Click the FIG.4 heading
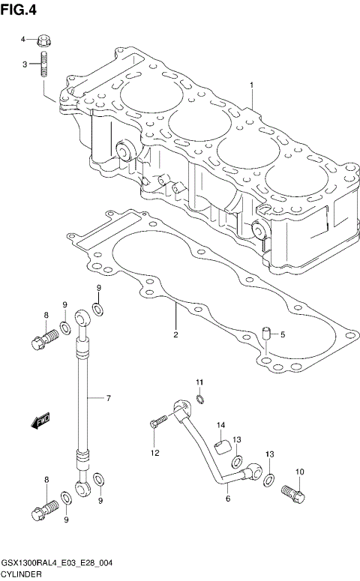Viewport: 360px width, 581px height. coord(19,10)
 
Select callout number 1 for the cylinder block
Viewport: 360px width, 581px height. coord(252,85)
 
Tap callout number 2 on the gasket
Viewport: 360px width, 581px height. coord(175,334)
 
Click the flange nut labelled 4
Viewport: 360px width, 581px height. coord(43,39)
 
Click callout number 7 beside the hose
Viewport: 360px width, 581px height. coord(108,397)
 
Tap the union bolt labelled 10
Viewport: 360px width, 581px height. coord(293,494)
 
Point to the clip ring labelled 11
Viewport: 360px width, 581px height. coord(200,398)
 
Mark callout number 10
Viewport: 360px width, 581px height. coord(299,472)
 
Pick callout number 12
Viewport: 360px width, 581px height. coord(154,452)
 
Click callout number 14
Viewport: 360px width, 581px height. coord(222,426)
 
